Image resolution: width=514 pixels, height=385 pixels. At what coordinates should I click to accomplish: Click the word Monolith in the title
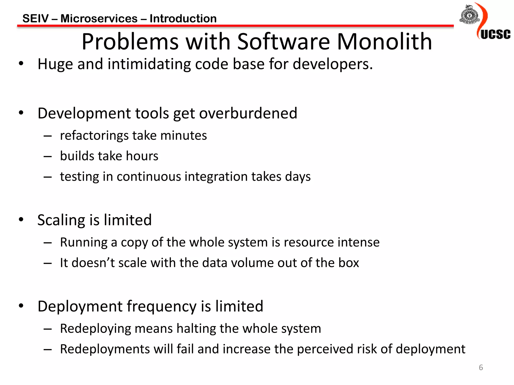tap(384, 42)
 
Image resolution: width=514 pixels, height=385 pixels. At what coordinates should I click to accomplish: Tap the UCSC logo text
tap(495, 34)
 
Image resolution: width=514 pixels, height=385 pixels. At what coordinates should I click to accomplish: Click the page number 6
tap(481, 367)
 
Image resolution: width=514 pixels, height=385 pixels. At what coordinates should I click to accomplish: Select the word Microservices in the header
tap(99, 19)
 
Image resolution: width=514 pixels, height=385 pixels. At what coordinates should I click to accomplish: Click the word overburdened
tap(248, 113)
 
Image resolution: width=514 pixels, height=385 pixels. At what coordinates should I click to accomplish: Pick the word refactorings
tap(94, 136)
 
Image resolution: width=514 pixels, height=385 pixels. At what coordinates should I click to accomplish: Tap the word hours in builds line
tap(142, 156)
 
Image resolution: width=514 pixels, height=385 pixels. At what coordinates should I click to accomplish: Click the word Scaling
tap(61, 220)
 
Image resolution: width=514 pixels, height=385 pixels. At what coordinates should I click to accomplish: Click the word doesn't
tap(93, 263)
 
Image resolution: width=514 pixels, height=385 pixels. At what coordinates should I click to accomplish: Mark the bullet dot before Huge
tap(21, 64)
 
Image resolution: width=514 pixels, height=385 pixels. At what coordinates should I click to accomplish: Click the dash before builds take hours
tap(47, 156)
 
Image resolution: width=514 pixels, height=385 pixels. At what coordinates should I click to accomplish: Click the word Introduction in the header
tap(183, 19)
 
